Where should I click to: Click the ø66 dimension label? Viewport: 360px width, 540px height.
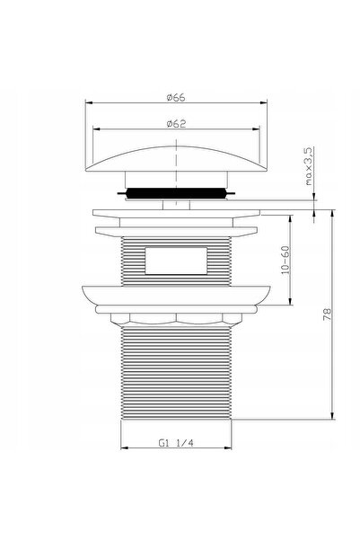click(176, 97)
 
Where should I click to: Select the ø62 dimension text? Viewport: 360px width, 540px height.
click(176, 123)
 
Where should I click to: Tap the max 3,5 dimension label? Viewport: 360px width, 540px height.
click(309, 166)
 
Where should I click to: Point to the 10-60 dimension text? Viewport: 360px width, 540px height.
click(285, 260)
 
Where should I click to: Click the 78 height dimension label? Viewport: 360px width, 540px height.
click(328, 314)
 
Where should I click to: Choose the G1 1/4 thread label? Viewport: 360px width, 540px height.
click(176, 443)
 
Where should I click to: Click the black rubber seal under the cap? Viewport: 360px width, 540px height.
click(176, 193)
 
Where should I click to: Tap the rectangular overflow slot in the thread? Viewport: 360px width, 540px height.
click(176, 261)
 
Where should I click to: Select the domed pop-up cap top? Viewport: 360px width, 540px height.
click(176, 159)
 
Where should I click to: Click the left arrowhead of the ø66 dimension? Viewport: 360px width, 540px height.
click(89, 102)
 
